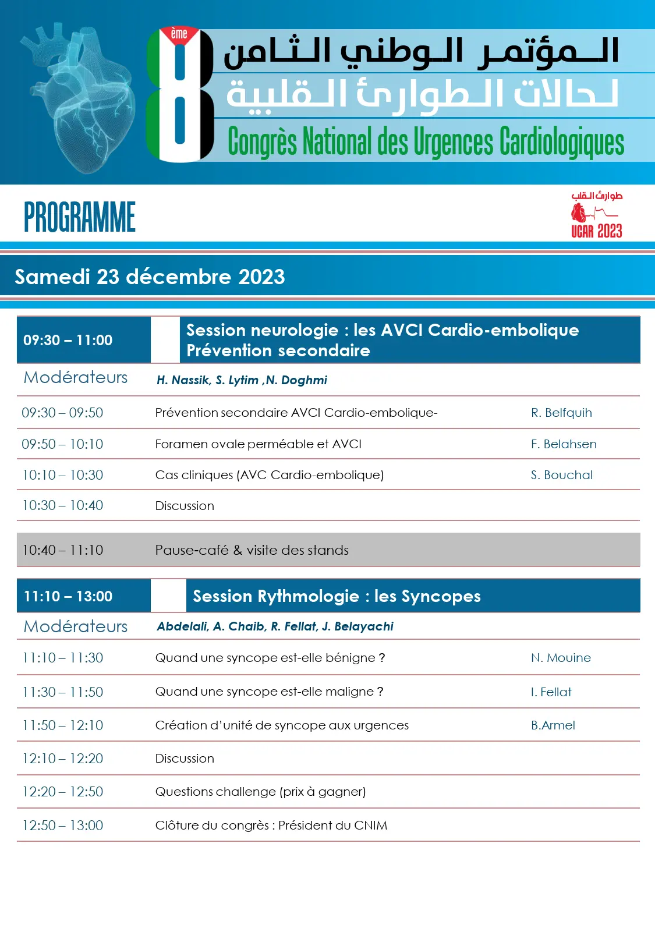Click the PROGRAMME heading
tap(80, 217)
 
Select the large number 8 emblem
tap(179, 94)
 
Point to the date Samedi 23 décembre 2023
tap(150, 277)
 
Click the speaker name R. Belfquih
tap(561, 413)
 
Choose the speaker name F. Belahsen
tap(564, 444)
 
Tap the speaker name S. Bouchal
tap(562, 475)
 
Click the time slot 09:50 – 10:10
tap(62, 444)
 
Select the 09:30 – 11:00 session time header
tap(68, 340)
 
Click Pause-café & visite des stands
tap(252, 550)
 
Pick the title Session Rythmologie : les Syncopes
tap(337, 596)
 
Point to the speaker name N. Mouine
tap(561, 658)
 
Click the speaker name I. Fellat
tap(551, 692)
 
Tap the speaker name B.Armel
tap(553, 725)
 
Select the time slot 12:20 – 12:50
tap(62, 792)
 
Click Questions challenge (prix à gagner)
tap(260, 792)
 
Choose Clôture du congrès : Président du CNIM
tap(271, 825)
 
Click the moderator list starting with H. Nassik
tap(242, 380)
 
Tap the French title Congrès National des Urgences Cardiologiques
tap(426, 141)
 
